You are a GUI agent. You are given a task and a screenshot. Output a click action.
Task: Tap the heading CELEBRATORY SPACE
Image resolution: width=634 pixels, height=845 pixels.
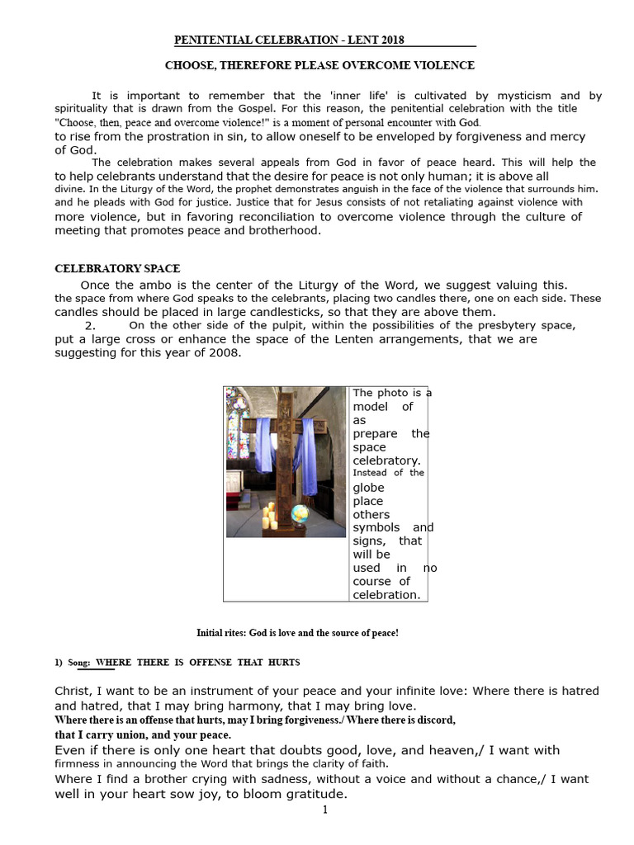pos(117,269)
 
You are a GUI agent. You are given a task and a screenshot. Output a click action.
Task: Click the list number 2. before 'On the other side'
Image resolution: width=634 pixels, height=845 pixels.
pos(91,325)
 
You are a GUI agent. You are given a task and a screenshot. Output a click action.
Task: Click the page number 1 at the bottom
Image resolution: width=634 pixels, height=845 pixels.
pos(325,810)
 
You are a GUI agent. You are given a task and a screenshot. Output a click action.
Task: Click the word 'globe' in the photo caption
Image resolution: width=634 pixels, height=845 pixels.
pos(368,488)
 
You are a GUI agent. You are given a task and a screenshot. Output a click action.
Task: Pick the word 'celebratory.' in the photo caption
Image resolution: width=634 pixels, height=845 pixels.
pos(386,460)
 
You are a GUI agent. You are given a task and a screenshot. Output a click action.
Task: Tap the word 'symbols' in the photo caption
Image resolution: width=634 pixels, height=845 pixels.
pos(376,527)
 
